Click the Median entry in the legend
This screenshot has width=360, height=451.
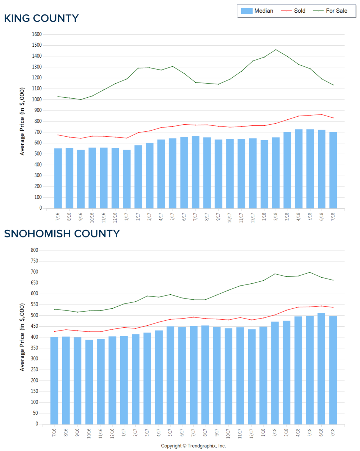[257, 11]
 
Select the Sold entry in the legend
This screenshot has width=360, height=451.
[294, 11]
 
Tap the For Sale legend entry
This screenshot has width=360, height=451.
[330, 11]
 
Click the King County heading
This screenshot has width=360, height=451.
[41, 18]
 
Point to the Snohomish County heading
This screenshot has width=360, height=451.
[62, 234]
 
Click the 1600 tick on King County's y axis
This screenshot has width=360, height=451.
[37, 34]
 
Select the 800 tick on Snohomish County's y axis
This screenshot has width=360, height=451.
[34, 250]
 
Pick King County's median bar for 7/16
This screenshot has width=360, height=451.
[58, 178]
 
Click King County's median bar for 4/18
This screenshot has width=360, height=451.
[299, 169]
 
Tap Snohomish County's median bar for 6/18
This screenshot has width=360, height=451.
[321, 369]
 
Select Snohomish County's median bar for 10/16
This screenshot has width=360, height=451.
[89, 382]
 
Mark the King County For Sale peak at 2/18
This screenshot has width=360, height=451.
[276, 50]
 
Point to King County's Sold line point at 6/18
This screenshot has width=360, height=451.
[322, 115]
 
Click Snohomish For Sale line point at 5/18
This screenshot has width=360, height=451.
[310, 272]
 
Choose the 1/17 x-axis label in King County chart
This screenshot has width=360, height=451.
[127, 216]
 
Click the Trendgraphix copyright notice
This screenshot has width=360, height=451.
[193, 446]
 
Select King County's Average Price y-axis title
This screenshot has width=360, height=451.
[22, 122]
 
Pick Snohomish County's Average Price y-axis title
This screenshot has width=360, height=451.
[22, 337]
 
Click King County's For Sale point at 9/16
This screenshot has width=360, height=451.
[81, 99]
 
